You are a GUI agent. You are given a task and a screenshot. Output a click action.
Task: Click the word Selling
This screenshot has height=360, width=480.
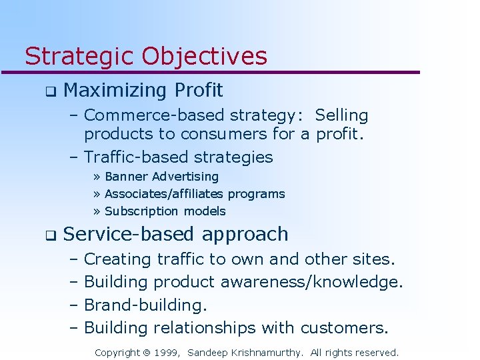341,115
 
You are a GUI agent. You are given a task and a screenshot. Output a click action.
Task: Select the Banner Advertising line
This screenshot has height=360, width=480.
161,177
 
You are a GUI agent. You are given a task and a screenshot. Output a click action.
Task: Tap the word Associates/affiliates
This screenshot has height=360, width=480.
165,194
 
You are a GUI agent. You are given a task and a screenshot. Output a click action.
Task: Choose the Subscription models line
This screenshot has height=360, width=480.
165,211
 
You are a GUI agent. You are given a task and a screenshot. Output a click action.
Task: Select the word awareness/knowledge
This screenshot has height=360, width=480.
311,282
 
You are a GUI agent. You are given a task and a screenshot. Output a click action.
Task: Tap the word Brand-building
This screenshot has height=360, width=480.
145,305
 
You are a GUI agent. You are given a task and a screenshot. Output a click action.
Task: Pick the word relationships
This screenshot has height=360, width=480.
205,327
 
